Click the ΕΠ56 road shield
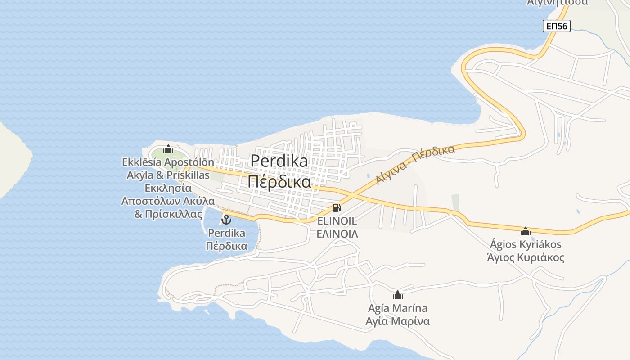pyautogui.click(x=556, y=26)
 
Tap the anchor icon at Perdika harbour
pyautogui.click(x=226, y=220)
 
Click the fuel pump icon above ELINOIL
pyautogui.click(x=337, y=208)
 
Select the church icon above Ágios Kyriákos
pyautogui.click(x=525, y=231)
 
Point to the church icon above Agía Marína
pyautogui.click(x=397, y=295)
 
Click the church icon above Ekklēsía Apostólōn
pyautogui.click(x=168, y=149)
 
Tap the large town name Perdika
pyautogui.click(x=279, y=161)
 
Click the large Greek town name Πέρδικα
pyautogui.click(x=279, y=181)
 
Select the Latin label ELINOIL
pyautogui.click(x=337, y=221)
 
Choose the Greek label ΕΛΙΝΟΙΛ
pyautogui.click(x=337, y=234)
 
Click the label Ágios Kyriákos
pyautogui.click(x=525, y=244)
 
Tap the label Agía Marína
pyautogui.click(x=397, y=308)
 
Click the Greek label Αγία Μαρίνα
pyautogui.click(x=397, y=321)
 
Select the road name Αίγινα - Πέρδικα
pyautogui.click(x=415, y=165)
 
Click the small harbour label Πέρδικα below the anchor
pyautogui.click(x=226, y=246)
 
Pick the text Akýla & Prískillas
pyautogui.click(x=168, y=175)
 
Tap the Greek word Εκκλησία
pyautogui.click(x=168, y=188)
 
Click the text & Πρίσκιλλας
pyautogui.click(x=168, y=214)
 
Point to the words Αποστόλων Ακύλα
pyautogui.click(x=168, y=201)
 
